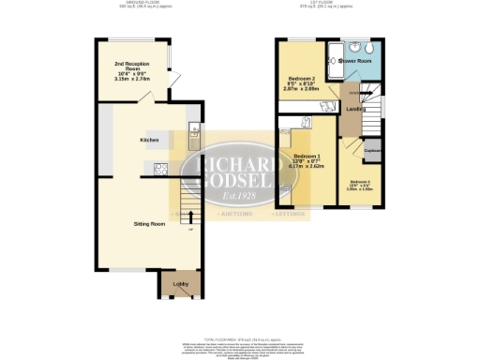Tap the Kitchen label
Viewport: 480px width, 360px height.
(x=149, y=140)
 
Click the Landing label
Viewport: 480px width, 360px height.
(x=354, y=109)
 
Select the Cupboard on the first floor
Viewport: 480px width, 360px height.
(x=371, y=151)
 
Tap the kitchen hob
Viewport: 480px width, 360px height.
(x=160, y=170)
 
